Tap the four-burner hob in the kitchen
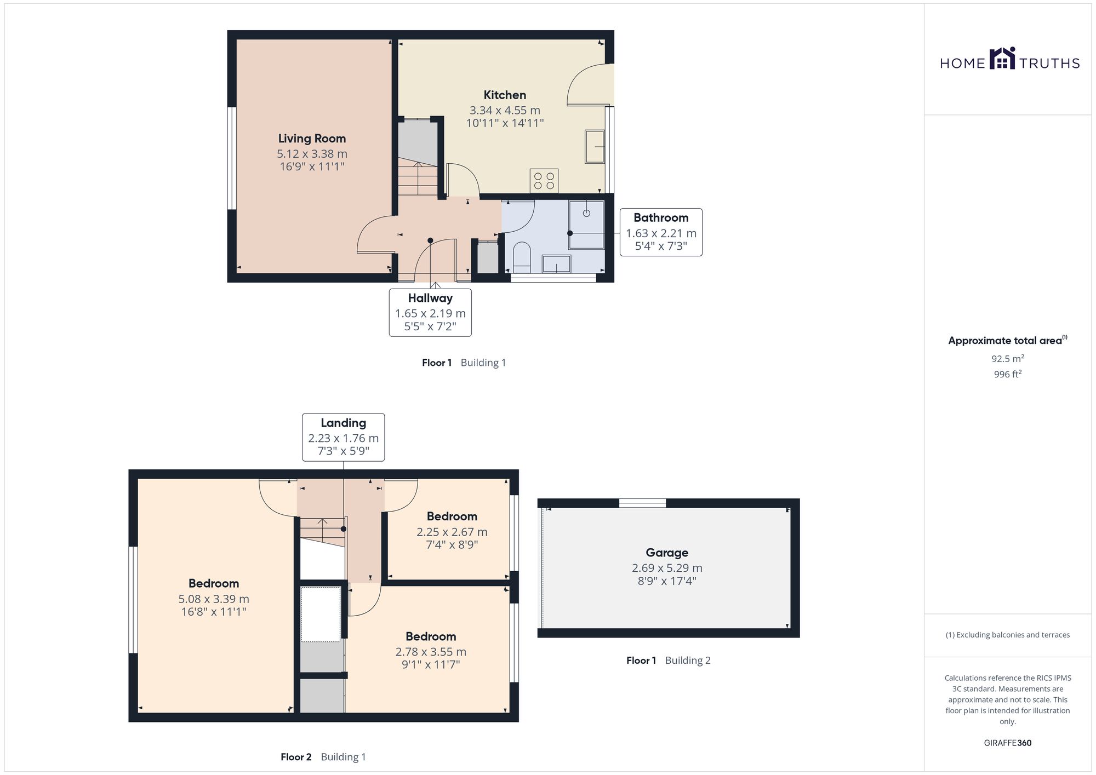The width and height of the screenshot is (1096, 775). tap(544, 181)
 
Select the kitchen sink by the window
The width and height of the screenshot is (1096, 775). tap(595, 146)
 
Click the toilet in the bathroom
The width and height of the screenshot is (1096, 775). tap(522, 258)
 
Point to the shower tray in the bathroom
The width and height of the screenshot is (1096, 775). tap(586, 225)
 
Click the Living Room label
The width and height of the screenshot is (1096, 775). tap(312, 139)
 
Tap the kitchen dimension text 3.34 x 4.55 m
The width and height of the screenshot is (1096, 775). tap(505, 110)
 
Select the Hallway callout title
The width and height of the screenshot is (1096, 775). tap(430, 298)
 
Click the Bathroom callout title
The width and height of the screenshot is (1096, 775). tap(661, 217)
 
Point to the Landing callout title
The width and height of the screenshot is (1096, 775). tap(343, 423)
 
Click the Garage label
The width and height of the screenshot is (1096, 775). tap(667, 553)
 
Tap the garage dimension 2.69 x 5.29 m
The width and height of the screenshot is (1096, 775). tap(667, 568)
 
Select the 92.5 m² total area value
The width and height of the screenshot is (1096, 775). tap(1008, 359)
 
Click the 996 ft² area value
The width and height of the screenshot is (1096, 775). tap(1008, 374)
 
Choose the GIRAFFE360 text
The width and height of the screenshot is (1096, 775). tap(1008, 743)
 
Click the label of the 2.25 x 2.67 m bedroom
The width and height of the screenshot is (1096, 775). tap(452, 516)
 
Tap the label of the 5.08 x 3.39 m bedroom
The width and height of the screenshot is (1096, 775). tap(214, 583)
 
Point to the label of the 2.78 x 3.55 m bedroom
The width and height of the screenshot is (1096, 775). tap(431, 636)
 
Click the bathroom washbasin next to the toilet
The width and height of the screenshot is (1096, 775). tap(556, 265)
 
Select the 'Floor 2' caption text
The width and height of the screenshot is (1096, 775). tap(296, 757)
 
